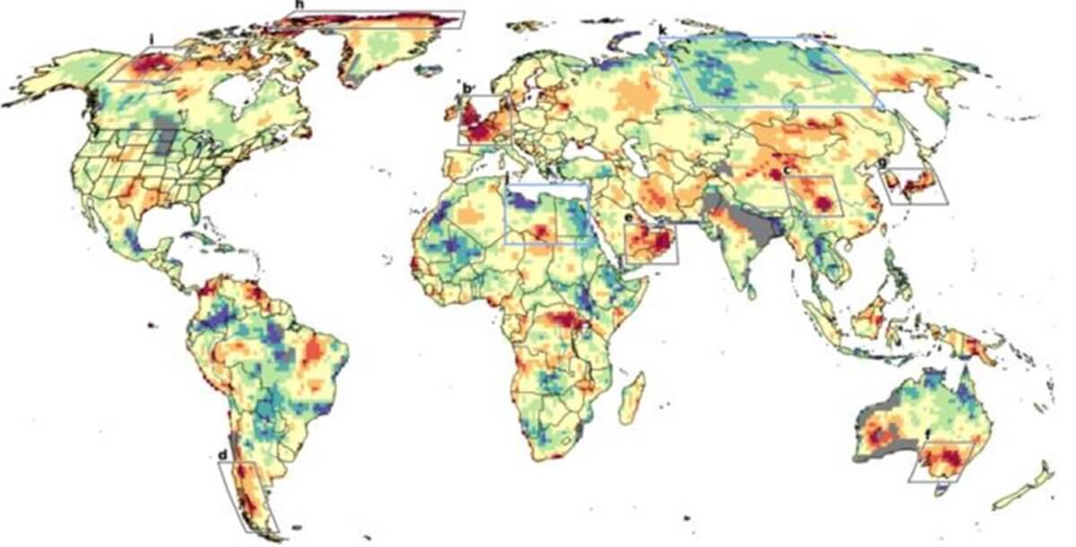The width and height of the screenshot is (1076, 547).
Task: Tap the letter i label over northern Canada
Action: pos(154,39)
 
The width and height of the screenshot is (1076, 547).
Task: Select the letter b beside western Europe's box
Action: pos(467,88)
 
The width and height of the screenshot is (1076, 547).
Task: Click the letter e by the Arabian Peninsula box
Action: pos(629,218)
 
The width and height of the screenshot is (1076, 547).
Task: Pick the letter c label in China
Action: pos(786,170)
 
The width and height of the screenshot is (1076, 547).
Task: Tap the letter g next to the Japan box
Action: pos(882,163)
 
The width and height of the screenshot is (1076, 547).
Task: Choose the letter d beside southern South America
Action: pos(222,456)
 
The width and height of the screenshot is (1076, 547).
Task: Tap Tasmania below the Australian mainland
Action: pos(941,489)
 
